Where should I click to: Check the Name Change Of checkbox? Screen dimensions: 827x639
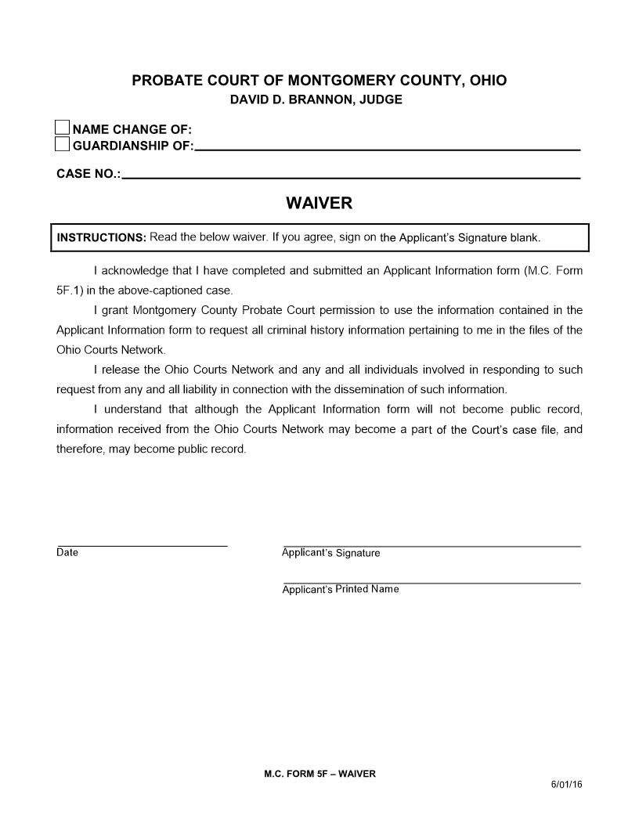coord(62,128)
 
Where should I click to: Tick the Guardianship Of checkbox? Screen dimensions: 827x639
coord(62,144)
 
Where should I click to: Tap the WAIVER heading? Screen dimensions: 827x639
coord(319,204)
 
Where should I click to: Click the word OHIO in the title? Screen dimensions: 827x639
coord(485,81)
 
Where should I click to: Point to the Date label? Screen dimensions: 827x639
coord(67,553)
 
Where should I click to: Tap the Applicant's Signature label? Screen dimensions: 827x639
coord(330,553)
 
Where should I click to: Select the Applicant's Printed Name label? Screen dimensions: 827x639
coord(340,590)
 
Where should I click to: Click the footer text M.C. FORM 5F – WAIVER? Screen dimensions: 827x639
coord(319,774)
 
